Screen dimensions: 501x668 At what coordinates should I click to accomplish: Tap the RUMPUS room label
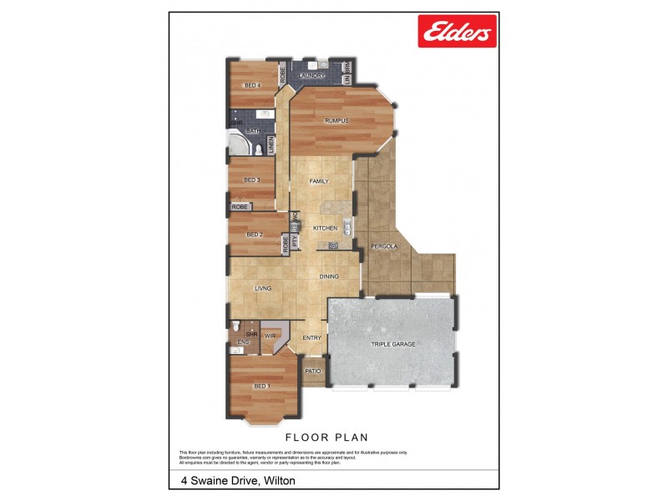coord(337,121)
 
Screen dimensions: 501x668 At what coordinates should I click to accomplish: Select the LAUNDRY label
coord(312,76)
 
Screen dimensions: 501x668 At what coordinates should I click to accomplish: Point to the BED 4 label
coord(252,85)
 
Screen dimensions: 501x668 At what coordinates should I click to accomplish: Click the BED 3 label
coord(251,180)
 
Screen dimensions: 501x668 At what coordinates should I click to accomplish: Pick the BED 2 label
coord(255,235)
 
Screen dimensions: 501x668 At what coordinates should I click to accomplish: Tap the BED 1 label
coord(262,386)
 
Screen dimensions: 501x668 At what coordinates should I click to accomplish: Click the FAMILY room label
coord(319,181)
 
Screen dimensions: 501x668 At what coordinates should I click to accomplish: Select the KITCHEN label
coord(325,228)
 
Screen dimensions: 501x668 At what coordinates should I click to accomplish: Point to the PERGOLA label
coord(385,247)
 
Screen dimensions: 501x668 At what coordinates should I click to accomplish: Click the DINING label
coord(329,276)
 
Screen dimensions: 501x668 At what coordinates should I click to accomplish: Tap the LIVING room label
coord(263,289)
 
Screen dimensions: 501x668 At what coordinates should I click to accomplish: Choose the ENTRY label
coord(311,337)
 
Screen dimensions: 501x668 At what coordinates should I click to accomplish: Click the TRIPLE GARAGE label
coord(392,344)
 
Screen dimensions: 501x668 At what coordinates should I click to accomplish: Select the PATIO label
coord(313,371)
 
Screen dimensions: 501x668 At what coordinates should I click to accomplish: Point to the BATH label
coord(252,131)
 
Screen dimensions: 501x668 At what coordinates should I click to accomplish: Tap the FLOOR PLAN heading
coord(326,437)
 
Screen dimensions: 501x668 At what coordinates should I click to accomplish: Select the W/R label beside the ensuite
coord(271,337)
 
